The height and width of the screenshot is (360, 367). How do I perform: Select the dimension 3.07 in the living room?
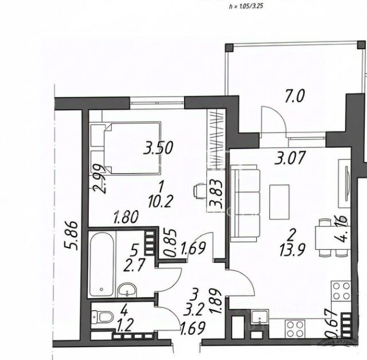(289, 158)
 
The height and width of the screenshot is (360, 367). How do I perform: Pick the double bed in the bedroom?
(130, 148)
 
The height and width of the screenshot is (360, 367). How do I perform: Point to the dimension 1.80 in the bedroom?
(126, 218)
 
